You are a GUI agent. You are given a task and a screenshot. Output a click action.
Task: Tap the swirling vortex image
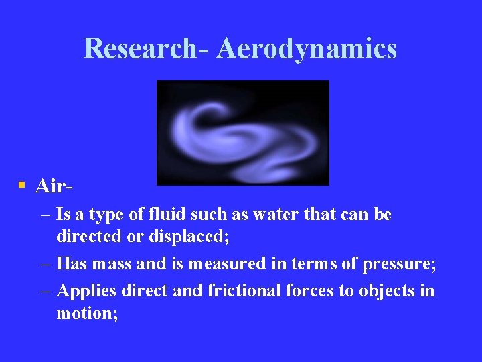[242, 133]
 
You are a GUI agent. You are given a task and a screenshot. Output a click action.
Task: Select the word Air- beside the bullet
[54, 186]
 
